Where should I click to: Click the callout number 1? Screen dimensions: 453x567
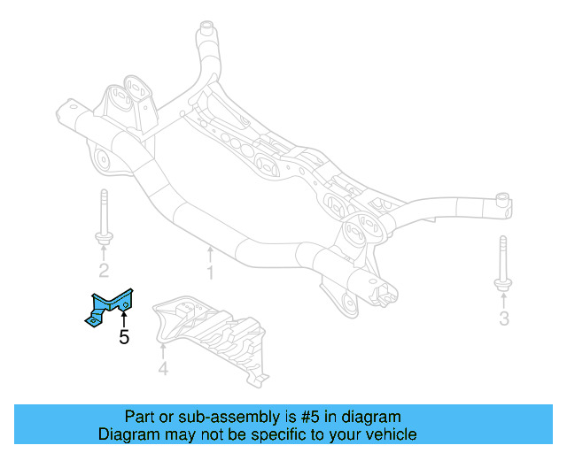[210, 273]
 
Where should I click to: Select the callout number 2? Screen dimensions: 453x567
[104, 270]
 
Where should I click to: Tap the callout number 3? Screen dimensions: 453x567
[504, 318]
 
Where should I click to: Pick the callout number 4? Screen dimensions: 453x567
[163, 368]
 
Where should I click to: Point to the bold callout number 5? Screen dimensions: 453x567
[124, 336]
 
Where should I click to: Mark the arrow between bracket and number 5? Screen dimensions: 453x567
[124, 317]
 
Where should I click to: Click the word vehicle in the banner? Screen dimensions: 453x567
[391, 434]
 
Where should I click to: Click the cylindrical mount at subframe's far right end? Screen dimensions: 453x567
[502, 205]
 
